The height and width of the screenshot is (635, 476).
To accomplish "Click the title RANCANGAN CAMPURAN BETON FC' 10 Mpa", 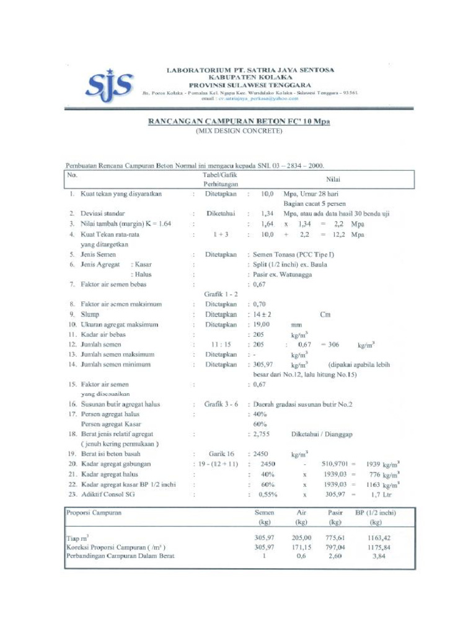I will (x=239, y=122).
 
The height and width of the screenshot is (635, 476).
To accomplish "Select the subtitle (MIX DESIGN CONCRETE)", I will (x=239, y=131).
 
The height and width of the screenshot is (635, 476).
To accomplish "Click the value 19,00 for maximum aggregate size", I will (x=261, y=324).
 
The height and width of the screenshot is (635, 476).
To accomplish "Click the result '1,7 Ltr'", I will (x=380, y=495).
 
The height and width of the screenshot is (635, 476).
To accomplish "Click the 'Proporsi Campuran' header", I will (x=94, y=513).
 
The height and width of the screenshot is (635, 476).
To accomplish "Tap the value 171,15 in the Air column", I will (x=301, y=548).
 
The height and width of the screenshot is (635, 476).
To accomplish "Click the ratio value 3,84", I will (x=378, y=556).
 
